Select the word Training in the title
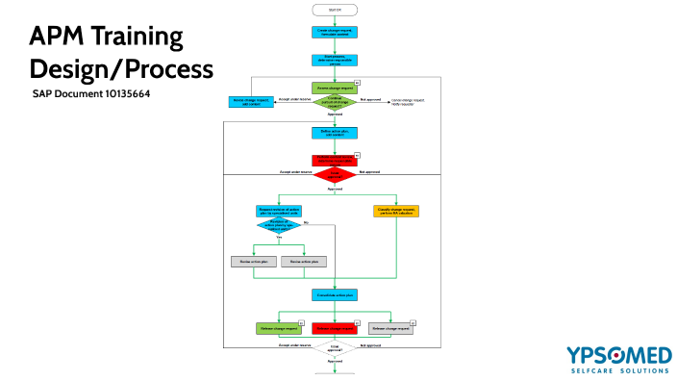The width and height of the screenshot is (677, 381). [x=143, y=38]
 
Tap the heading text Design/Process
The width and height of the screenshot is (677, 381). [x=120, y=69]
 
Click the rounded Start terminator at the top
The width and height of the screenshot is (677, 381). [x=334, y=10]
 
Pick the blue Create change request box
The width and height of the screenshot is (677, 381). [x=334, y=32]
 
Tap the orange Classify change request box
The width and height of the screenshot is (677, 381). [x=396, y=211]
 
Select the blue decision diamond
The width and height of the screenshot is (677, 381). [x=279, y=225]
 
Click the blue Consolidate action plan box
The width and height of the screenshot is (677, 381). [x=334, y=294]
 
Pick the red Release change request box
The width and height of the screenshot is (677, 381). [x=334, y=328]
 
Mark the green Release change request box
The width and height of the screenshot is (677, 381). [x=278, y=328]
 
